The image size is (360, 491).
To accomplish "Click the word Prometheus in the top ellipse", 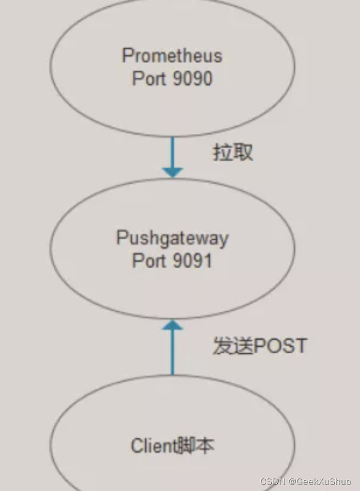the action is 172,56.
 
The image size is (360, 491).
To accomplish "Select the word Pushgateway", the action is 172,238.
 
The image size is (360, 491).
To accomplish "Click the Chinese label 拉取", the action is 233,152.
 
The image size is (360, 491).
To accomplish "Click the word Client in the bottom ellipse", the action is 154,446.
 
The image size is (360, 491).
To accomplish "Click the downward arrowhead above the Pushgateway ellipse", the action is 172,172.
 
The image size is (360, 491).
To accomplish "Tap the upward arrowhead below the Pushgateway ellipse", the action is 172,325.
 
